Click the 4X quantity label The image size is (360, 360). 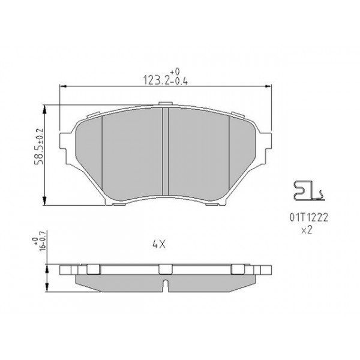pos(159,244)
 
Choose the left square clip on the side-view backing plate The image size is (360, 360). pos(93,269)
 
